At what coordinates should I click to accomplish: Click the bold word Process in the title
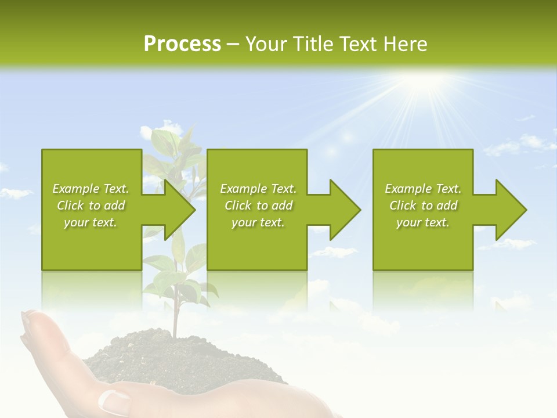point(182,44)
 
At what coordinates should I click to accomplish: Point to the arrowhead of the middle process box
point(343,210)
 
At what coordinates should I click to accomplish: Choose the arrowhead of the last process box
point(510,210)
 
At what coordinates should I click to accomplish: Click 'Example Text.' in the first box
point(91,189)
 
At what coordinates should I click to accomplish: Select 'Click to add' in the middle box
point(258,206)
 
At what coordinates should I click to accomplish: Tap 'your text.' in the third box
point(422,222)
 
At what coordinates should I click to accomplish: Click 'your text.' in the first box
point(91,222)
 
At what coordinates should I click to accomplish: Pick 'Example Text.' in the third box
point(422,189)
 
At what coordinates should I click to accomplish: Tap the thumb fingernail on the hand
point(115,401)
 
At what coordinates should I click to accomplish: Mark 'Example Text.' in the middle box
point(258,189)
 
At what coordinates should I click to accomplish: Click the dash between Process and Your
point(233,45)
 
